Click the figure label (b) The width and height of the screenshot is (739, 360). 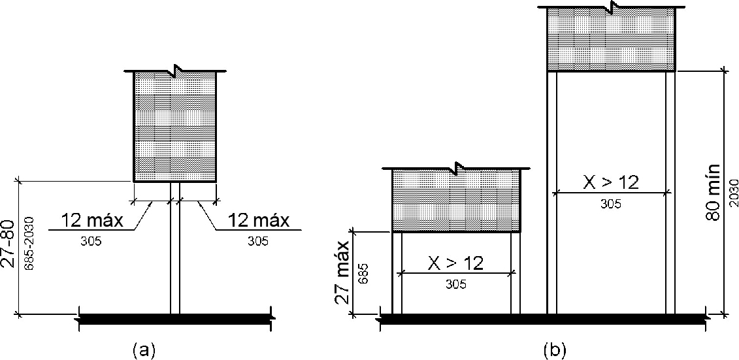click(554, 350)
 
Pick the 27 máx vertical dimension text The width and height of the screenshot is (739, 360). click(344, 273)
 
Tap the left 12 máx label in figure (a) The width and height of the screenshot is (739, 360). click(92, 221)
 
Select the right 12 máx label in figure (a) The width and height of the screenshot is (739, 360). click(258, 221)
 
